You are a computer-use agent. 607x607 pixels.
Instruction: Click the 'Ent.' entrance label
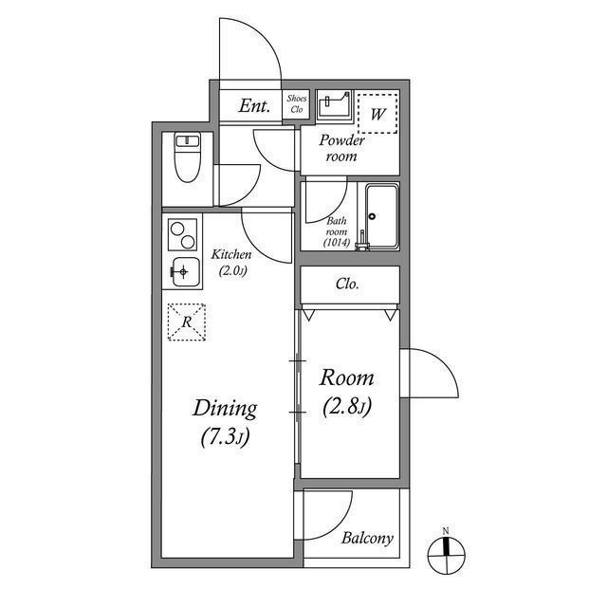tap(254, 106)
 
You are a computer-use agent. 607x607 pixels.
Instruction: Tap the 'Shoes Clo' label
tap(296, 103)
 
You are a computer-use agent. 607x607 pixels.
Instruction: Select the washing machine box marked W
tap(378, 114)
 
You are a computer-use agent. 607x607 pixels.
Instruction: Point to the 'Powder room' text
tap(341, 148)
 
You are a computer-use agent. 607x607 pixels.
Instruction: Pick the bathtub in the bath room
tap(381, 215)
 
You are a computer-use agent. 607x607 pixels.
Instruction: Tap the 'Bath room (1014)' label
tap(337, 231)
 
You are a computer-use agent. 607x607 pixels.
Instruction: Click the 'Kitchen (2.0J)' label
tap(230, 262)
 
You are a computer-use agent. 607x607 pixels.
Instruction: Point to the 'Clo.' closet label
tap(347, 283)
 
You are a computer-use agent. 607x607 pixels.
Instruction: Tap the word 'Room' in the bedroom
tap(346, 377)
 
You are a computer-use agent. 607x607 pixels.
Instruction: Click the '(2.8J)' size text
tap(346, 408)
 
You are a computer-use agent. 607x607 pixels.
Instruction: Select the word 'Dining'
tap(225, 409)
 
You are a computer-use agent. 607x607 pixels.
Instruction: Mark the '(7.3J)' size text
tap(225, 438)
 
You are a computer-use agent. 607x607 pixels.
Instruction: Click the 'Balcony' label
tap(366, 538)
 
